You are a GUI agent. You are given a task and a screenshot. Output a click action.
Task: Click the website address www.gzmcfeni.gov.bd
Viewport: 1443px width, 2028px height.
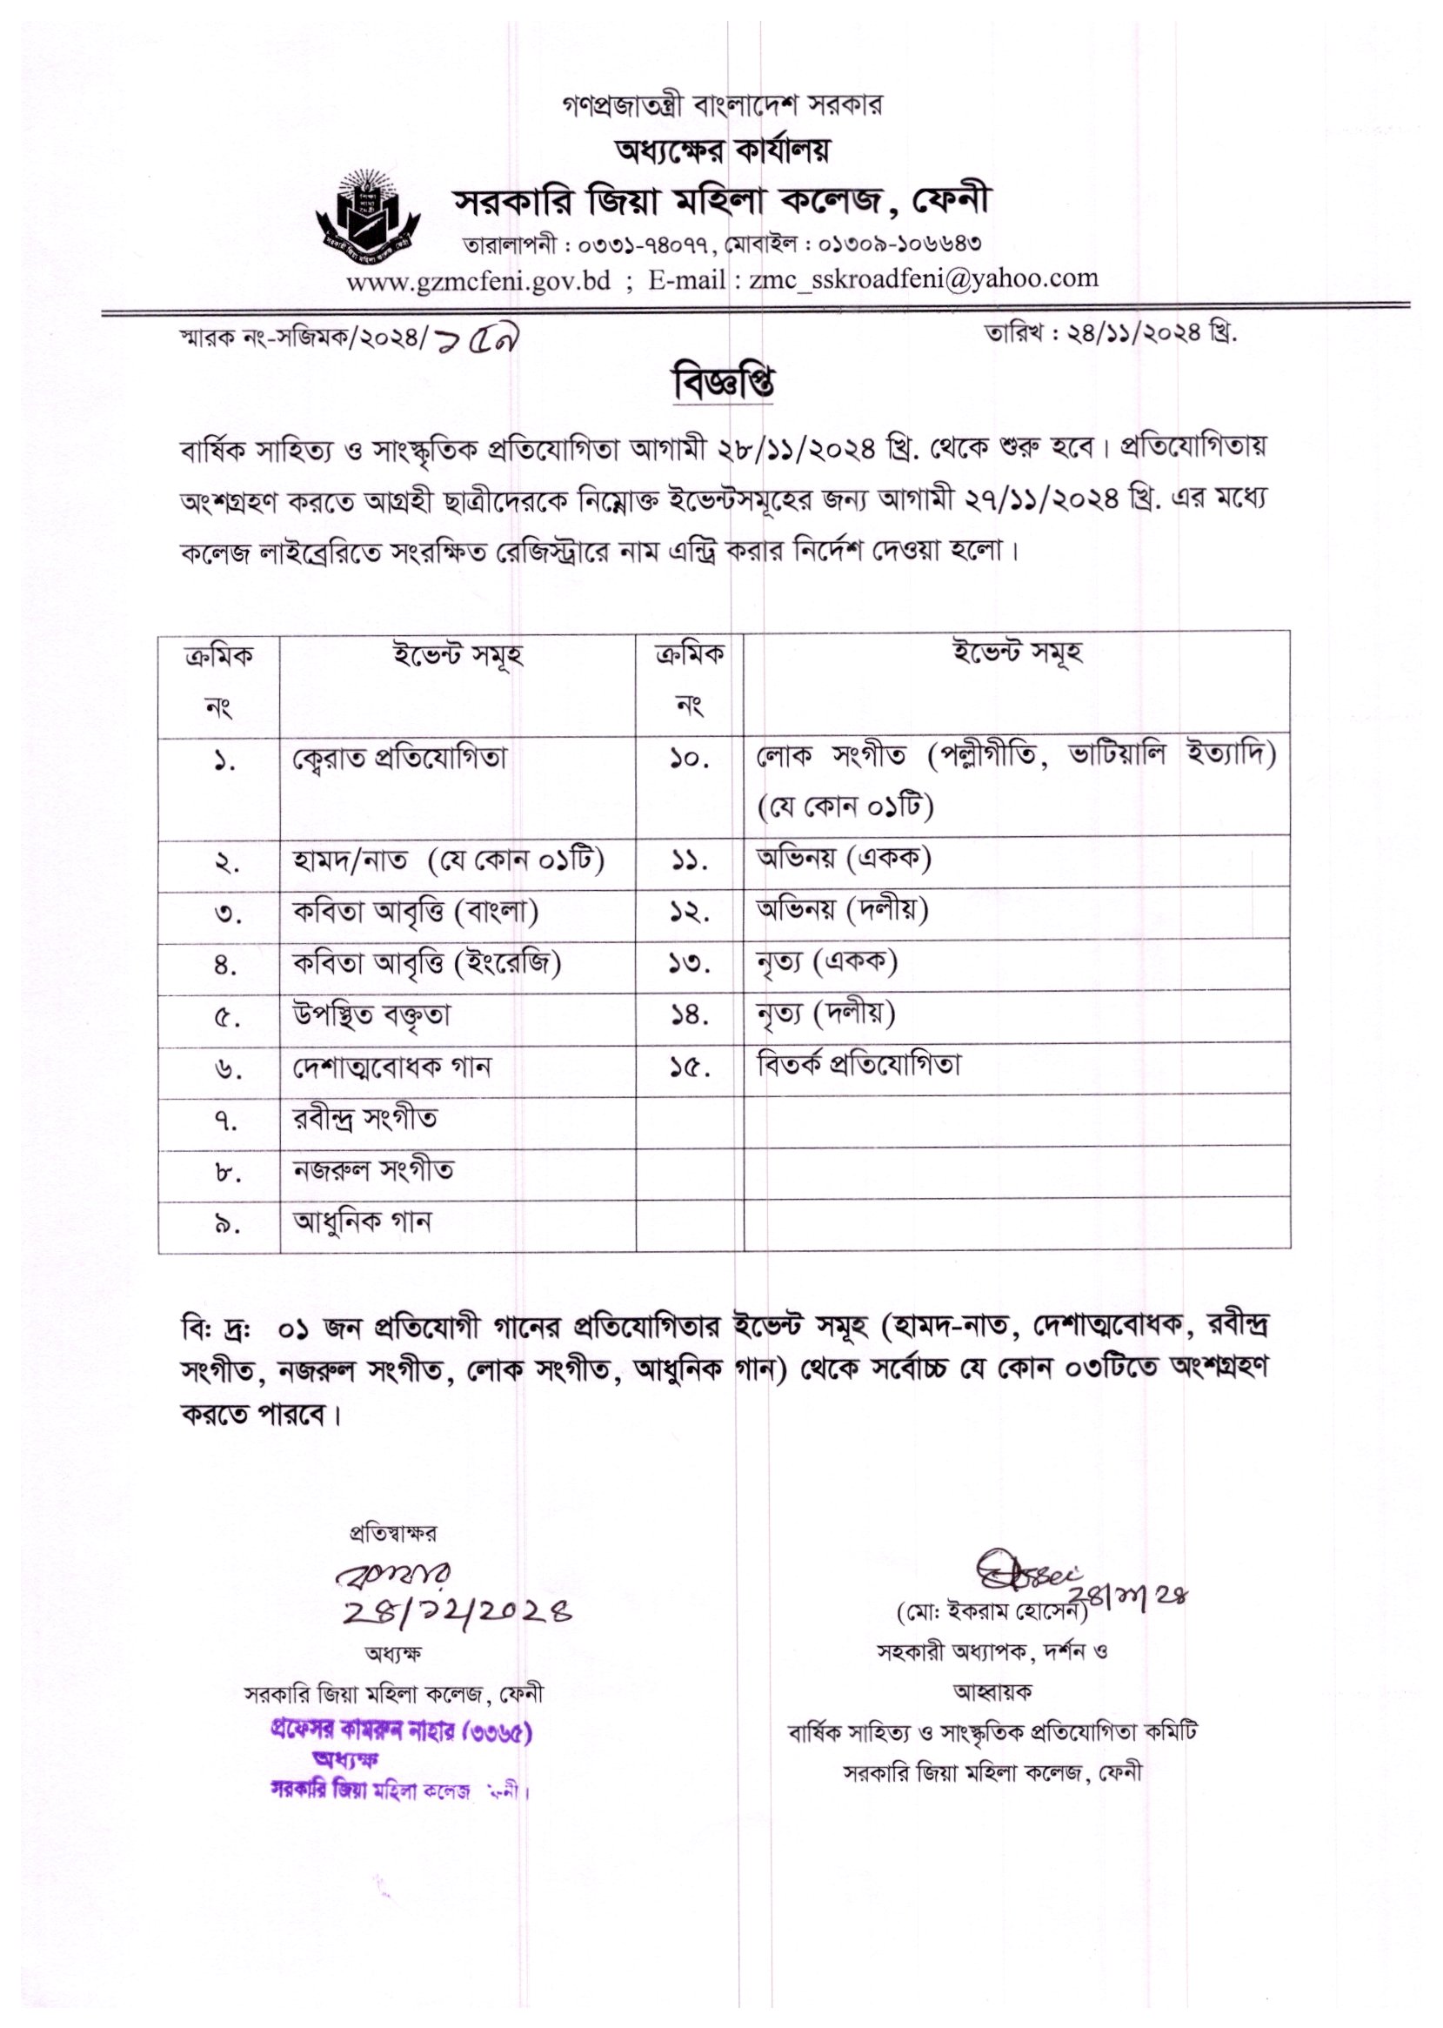(478, 281)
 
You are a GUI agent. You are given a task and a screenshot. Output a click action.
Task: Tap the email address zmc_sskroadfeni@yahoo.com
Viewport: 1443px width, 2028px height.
(924, 279)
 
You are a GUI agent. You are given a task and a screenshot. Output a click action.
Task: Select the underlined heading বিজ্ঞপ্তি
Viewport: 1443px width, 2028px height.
(724, 383)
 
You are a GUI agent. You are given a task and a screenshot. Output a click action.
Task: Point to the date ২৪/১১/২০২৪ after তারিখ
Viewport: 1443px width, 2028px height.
(1129, 334)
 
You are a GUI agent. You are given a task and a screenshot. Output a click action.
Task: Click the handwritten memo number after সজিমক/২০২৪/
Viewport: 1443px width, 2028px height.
(481, 344)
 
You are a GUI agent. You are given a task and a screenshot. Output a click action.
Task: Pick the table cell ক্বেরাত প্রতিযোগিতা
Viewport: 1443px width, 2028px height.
(400, 759)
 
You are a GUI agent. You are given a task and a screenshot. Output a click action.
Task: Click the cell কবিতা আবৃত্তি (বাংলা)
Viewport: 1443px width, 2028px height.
(415, 913)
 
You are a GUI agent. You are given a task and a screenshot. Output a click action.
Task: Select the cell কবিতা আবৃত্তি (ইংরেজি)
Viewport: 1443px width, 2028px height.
(426, 963)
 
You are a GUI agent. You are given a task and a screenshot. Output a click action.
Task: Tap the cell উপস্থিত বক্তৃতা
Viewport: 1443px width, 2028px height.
(371, 1015)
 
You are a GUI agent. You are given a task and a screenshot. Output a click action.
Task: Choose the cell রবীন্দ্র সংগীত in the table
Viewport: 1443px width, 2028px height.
(365, 1119)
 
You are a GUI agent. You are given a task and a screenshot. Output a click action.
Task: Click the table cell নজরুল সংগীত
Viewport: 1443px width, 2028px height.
(373, 1169)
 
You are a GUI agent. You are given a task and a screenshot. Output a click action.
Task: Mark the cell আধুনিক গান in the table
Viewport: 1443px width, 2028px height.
(362, 1222)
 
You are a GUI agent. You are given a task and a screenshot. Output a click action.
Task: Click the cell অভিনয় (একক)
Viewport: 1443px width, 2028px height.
(843, 859)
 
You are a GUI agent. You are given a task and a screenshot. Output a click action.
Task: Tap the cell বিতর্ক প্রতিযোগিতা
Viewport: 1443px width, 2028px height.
(858, 1065)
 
